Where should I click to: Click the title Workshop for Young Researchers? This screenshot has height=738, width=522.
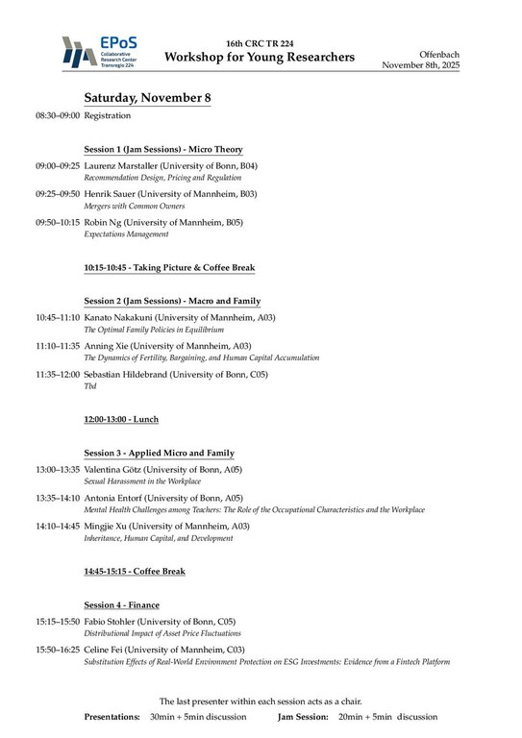pos(259,58)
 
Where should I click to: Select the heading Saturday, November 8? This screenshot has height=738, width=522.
pos(147,98)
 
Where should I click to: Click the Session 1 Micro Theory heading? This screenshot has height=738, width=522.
pos(162,150)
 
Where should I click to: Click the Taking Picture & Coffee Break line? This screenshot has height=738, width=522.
pos(168,267)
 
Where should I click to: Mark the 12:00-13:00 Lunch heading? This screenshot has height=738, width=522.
pos(121,419)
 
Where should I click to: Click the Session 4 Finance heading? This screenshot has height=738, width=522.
pos(121,605)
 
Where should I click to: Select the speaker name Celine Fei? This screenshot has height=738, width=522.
pos(107,650)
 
